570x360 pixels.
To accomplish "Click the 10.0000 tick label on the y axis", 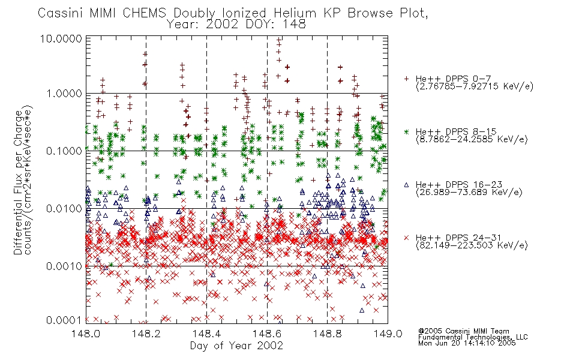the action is pyautogui.click(x=61, y=38).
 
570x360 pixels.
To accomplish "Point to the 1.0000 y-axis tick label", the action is pyautogui.click(x=64, y=94).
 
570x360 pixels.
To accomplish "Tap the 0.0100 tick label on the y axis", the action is pyautogui.click(x=64, y=209).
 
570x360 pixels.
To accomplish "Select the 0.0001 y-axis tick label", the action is pyautogui.click(x=64, y=320).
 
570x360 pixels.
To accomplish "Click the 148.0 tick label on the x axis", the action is pyautogui.click(x=86, y=334).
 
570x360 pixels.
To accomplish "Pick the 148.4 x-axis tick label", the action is pyautogui.click(x=206, y=334).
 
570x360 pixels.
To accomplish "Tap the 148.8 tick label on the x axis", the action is pyautogui.click(x=327, y=334).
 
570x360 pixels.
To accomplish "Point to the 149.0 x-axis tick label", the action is pyautogui.click(x=388, y=334).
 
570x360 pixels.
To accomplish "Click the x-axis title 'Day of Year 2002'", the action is pyautogui.click(x=236, y=346).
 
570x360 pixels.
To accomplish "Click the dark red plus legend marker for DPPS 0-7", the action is pyautogui.click(x=406, y=79).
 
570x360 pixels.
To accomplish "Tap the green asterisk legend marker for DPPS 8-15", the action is pyautogui.click(x=406, y=131).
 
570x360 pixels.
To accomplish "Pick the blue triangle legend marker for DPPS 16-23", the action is pyautogui.click(x=406, y=185).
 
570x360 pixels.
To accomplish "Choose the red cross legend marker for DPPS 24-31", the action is pyautogui.click(x=406, y=238).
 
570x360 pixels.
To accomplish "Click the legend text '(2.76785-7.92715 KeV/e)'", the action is pyautogui.click(x=475, y=86).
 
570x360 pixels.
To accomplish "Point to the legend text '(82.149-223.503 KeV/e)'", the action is pyautogui.click(x=472, y=245).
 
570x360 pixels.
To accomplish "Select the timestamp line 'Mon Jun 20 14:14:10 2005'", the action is pyautogui.click(x=467, y=343).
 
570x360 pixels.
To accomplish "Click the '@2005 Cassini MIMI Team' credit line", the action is pyautogui.click(x=463, y=331).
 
